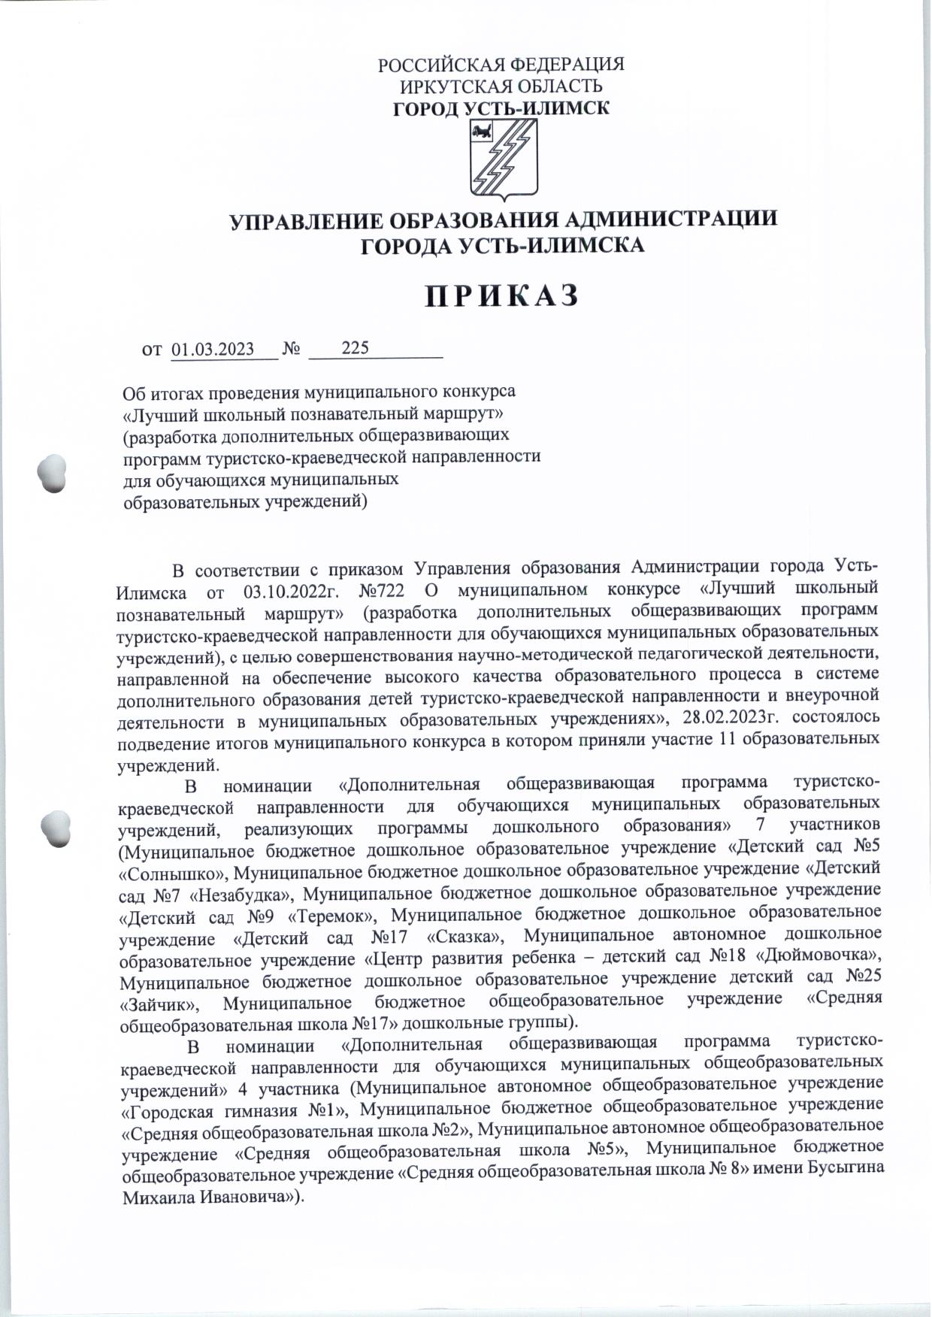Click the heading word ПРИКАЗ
coord(502,295)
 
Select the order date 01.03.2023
coord(213,350)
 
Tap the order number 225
coord(355,348)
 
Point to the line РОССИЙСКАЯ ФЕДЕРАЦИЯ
coord(501,65)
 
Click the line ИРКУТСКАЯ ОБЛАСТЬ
coord(501,86)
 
